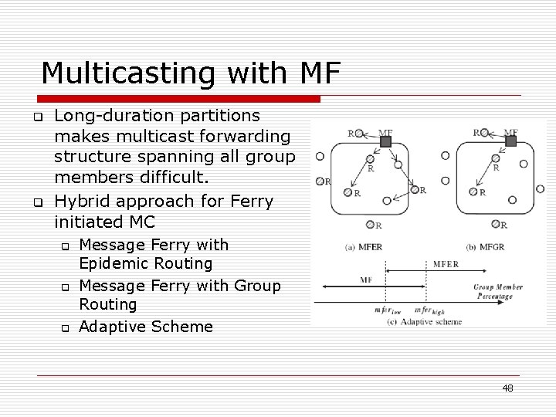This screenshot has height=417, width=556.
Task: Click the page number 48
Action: (x=507, y=388)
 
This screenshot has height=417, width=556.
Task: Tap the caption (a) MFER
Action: (x=364, y=246)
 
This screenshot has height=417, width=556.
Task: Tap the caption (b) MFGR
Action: (x=490, y=246)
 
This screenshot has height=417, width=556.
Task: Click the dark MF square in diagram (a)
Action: (x=386, y=142)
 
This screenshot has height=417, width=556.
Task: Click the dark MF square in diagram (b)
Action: (x=510, y=141)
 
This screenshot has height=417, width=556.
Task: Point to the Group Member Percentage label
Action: (x=498, y=291)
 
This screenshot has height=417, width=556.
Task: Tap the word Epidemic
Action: (x=118, y=263)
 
